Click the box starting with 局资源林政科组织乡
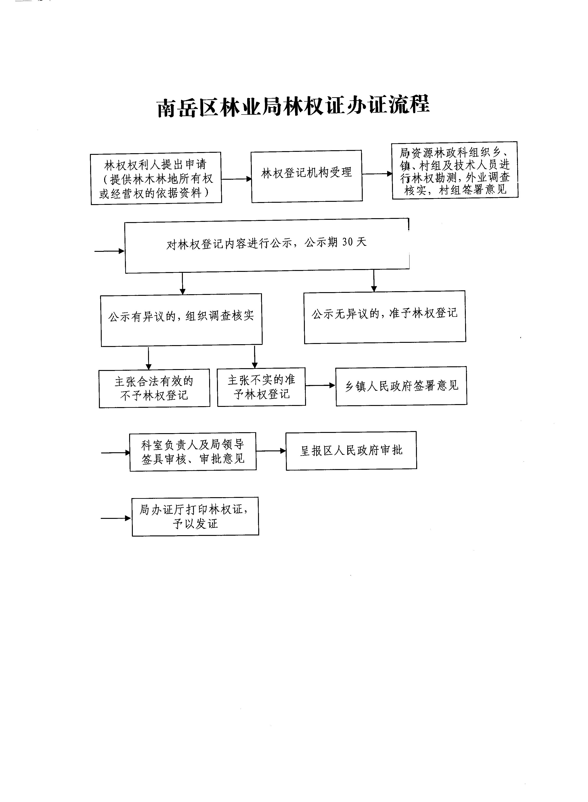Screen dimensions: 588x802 point(455,170)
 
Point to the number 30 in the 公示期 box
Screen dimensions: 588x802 point(347,242)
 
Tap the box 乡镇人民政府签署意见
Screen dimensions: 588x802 point(401,386)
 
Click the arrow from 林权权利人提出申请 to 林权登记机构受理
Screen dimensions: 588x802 point(236,179)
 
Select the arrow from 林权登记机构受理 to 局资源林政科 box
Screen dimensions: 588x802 point(377,174)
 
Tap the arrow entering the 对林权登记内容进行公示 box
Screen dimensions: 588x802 point(110,251)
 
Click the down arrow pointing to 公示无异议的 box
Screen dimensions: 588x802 point(374,281)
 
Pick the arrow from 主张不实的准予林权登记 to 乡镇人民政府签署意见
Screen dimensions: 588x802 point(320,385)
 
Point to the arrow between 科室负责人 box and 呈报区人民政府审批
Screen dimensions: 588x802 point(271,451)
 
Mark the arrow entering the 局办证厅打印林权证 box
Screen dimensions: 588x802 point(116,518)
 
